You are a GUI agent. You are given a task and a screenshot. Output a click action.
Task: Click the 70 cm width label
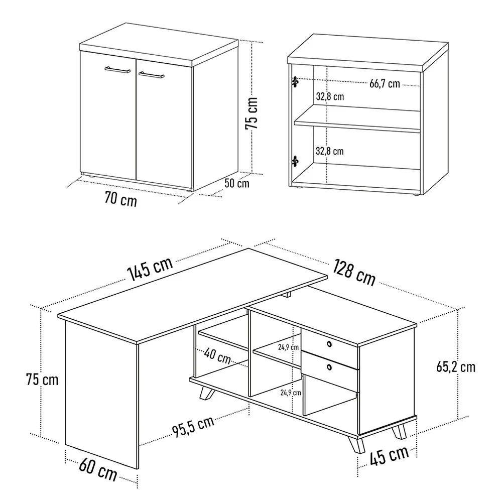click(x=120, y=199)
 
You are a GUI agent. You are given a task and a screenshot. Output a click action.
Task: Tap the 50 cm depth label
click(x=236, y=183)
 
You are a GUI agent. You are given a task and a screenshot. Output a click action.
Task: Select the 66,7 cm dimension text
click(x=385, y=84)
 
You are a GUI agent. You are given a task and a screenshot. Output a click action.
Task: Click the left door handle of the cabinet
click(x=117, y=70)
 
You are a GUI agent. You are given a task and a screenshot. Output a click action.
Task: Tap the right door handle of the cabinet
click(x=152, y=75)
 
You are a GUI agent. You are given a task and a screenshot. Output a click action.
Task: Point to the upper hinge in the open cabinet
click(x=295, y=82)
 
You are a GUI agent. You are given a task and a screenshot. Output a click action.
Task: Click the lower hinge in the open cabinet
click(x=295, y=161)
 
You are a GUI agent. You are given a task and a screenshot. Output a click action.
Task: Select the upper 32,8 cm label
click(x=330, y=96)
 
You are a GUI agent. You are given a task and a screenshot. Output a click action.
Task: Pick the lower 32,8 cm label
click(x=329, y=151)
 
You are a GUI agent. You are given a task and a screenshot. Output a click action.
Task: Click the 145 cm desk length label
click(x=150, y=268)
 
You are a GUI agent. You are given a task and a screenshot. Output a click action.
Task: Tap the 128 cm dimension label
click(x=354, y=273)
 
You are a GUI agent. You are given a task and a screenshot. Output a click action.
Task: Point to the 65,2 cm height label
click(x=456, y=367)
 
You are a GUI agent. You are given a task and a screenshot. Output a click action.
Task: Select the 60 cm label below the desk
click(x=98, y=469)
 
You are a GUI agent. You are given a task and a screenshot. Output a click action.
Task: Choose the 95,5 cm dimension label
click(x=193, y=426)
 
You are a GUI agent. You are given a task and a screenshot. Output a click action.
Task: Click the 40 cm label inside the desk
click(x=217, y=356)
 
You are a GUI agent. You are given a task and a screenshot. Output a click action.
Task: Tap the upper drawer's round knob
click(x=329, y=344)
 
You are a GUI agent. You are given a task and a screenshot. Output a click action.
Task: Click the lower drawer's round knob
click(x=329, y=367)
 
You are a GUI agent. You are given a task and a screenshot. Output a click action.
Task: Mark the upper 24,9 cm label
click(x=288, y=347)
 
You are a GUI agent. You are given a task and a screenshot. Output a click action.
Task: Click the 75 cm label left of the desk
click(x=42, y=380)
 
